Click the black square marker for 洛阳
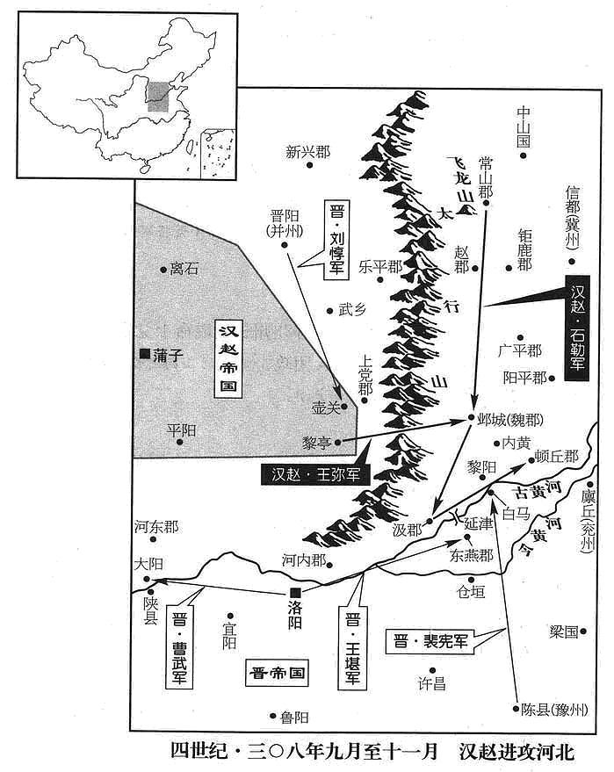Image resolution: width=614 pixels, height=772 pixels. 295,593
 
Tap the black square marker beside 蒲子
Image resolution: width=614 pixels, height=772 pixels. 145,354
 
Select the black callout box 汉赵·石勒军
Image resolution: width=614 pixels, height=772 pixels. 576,328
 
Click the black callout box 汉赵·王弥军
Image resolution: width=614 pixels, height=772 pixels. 315,474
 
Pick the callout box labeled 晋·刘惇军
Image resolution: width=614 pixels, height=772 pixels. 336,239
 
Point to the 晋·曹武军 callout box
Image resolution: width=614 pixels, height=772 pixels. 180,646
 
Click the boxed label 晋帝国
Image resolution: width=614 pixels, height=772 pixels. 277,673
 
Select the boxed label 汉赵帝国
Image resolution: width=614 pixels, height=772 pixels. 228,358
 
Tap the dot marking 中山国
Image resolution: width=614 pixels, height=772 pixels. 524,155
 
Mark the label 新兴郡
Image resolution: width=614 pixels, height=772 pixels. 307,152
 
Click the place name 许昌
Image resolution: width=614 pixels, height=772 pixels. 432,683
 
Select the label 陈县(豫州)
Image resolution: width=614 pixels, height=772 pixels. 554,710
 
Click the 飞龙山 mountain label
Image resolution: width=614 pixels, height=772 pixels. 462,181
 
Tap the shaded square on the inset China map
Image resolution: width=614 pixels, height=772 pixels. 158,97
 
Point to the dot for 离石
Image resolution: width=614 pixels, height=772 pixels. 163,270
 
